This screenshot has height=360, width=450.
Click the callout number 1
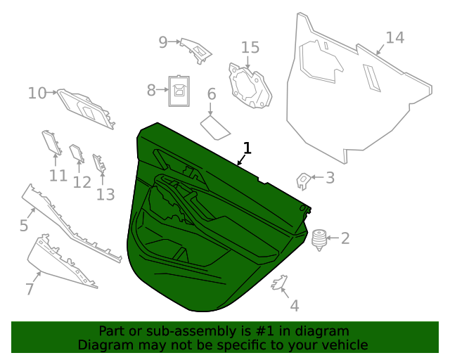click(x=247, y=148)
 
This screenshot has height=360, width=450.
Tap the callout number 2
click(x=345, y=238)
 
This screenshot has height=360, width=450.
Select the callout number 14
click(x=394, y=38)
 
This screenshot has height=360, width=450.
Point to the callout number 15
click(x=250, y=48)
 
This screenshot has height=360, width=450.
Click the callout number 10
click(x=37, y=93)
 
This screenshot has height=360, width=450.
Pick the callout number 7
click(x=30, y=288)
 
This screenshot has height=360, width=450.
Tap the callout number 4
click(x=294, y=306)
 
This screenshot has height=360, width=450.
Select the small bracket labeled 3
click(x=304, y=180)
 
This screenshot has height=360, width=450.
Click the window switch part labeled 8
click(x=179, y=90)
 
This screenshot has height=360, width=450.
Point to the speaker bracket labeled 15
click(x=250, y=86)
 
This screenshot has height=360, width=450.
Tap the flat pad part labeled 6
click(x=215, y=127)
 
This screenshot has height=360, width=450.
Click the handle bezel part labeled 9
click(x=196, y=49)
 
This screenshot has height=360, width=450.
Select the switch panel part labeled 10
click(x=86, y=109)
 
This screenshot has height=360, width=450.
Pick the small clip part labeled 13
click(x=100, y=165)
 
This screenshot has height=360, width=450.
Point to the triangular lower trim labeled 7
click(x=60, y=264)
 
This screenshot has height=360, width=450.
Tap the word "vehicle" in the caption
click(x=344, y=345)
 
